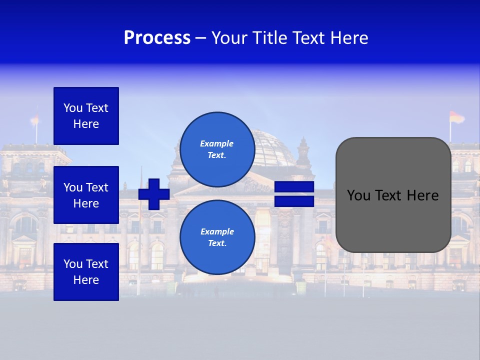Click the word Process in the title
(x=157, y=38)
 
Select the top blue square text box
(x=86, y=116)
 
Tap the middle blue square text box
(x=86, y=195)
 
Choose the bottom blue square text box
(x=86, y=271)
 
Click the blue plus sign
(x=154, y=194)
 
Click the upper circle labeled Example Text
(x=217, y=149)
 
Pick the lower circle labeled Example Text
(x=217, y=237)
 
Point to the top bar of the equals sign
(x=294, y=187)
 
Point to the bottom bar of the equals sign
(x=294, y=201)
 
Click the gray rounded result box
(x=393, y=220)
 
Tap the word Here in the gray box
(x=422, y=195)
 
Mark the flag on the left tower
(x=35, y=119)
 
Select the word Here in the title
(x=349, y=38)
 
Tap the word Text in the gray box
(x=388, y=195)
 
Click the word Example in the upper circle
(x=217, y=143)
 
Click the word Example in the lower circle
(x=217, y=231)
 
